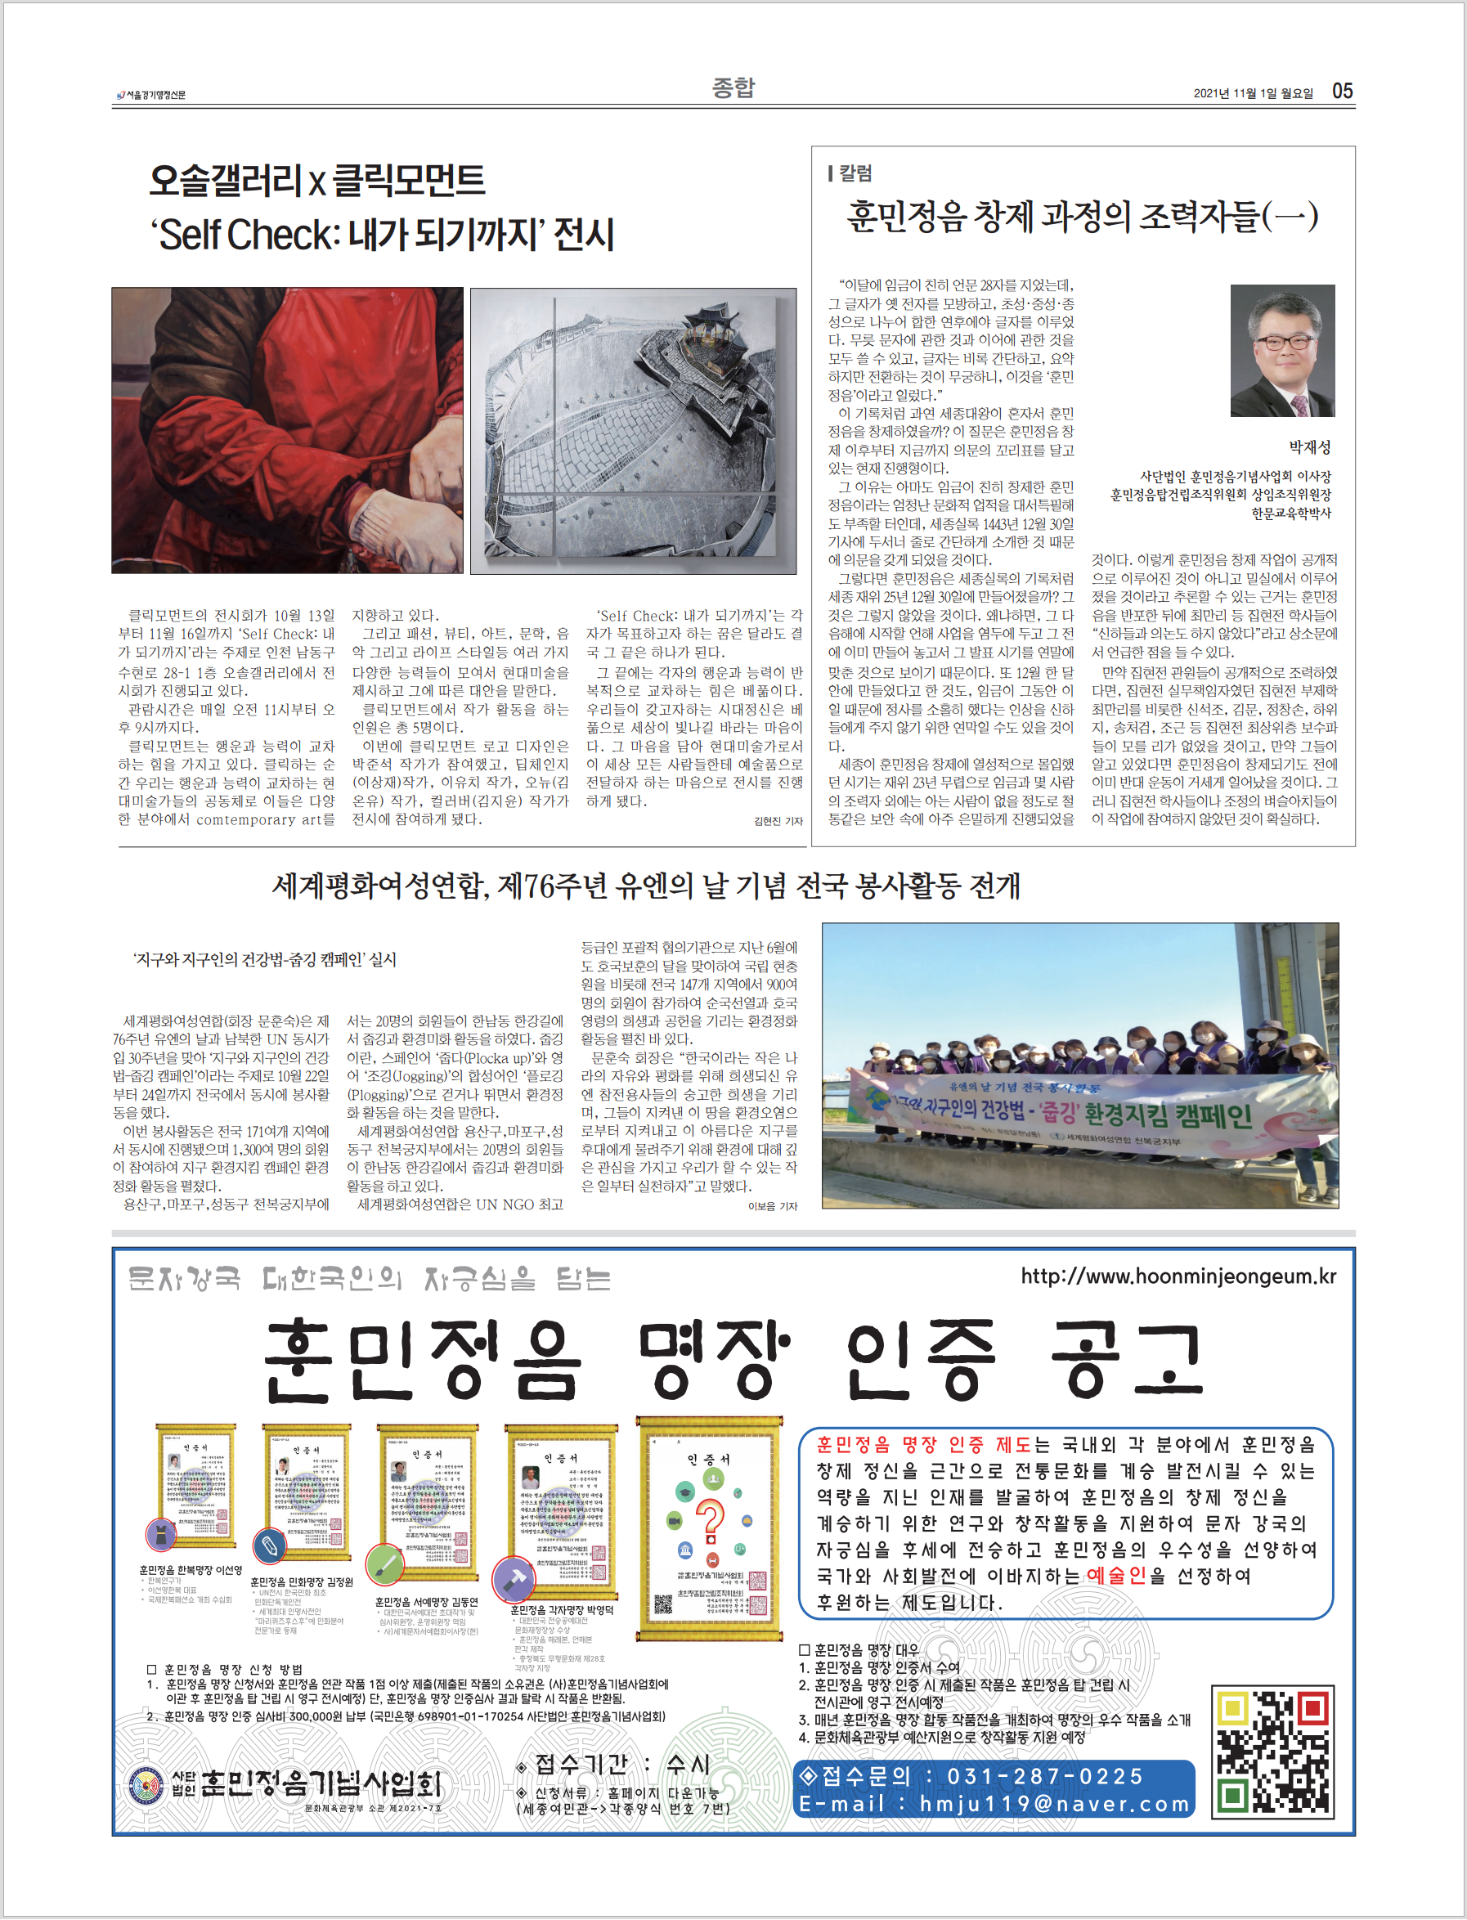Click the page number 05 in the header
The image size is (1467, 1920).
tap(1342, 91)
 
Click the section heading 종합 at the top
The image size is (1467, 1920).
tap(733, 87)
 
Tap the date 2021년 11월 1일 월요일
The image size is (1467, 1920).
tap(1253, 93)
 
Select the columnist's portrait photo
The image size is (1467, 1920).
tap(1282, 350)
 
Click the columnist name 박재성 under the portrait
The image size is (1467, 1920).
tap(1310, 447)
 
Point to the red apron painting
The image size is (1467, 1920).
tap(287, 429)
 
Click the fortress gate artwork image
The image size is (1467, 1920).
tap(633, 430)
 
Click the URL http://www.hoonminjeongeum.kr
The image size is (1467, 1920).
tap(1178, 1276)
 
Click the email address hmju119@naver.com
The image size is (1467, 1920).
tap(1054, 1804)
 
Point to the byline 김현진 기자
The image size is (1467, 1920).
tap(778, 821)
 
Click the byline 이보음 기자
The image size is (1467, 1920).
tap(773, 1206)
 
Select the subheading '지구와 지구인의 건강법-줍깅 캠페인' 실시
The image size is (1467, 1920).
tap(265, 959)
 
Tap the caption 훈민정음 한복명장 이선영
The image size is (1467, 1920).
tap(191, 1570)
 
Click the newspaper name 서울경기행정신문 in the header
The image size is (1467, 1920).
tap(155, 94)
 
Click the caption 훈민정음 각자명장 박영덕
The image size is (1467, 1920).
tap(562, 1609)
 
